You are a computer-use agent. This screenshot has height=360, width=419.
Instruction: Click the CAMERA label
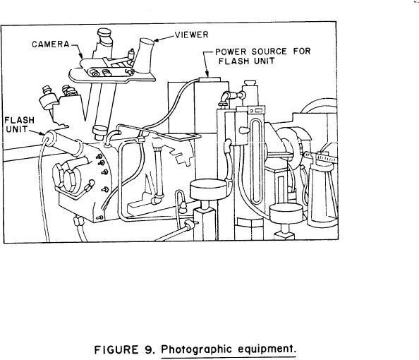(51, 44)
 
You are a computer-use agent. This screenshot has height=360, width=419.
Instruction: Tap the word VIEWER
(192, 35)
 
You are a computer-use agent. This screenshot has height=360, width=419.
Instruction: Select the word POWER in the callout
(231, 52)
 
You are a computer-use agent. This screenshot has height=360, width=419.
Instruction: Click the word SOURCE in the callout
(269, 52)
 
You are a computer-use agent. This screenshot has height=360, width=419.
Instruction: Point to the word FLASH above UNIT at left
(20, 121)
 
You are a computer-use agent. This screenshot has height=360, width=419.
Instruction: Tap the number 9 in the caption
(149, 349)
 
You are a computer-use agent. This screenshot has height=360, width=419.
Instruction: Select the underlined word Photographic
(196, 349)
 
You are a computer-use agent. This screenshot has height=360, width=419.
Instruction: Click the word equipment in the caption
(267, 349)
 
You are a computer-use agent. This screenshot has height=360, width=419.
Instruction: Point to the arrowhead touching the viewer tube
(157, 41)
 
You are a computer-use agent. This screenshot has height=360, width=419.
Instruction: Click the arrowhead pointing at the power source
(207, 73)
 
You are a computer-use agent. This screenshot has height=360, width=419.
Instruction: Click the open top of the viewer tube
(147, 42)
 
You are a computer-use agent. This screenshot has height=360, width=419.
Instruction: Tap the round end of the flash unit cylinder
(48, 138)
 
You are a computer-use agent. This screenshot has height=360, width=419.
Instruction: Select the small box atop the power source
(209, 80)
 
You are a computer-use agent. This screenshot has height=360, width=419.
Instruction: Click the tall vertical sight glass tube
(255, 161)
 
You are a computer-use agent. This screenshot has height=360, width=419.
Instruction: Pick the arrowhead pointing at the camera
(81, 56)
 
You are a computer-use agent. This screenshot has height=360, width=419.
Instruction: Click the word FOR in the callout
(302, 52)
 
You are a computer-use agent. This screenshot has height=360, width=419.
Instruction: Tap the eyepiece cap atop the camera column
(104, 32)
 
